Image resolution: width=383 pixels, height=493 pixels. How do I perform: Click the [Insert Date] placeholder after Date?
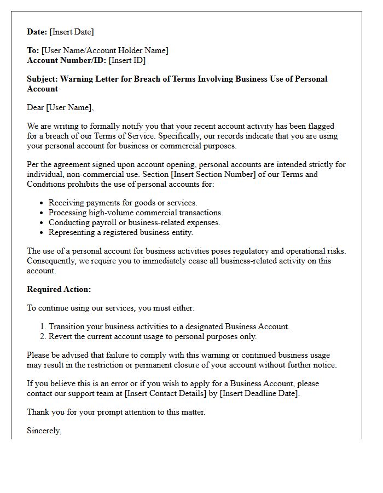point(72,32)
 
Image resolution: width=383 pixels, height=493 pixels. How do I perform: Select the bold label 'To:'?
point(33,50)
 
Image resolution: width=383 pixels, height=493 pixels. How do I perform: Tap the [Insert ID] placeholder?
point(127,60)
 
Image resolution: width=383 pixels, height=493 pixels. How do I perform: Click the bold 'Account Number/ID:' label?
point(67,60)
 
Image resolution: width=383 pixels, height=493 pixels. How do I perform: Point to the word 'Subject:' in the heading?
point(42,79)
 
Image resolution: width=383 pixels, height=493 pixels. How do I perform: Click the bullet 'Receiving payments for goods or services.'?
point(123,203)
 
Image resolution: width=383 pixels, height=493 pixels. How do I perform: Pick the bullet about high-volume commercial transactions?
point(136,213)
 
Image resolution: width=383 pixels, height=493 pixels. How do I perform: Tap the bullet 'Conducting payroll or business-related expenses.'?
point(134,222)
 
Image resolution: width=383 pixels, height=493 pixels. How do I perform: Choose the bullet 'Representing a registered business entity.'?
point(121,232)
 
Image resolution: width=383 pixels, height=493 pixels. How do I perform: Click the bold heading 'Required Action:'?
point(59,289)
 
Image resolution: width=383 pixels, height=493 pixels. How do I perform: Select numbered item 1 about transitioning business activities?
point(169,326)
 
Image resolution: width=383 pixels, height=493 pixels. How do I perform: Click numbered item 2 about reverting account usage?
point(153,336)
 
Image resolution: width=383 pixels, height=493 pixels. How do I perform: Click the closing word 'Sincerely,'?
point(44,431)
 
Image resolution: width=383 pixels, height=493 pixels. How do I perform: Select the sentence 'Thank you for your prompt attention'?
point(116,412)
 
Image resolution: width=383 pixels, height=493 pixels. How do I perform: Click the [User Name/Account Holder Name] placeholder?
point(105,50)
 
